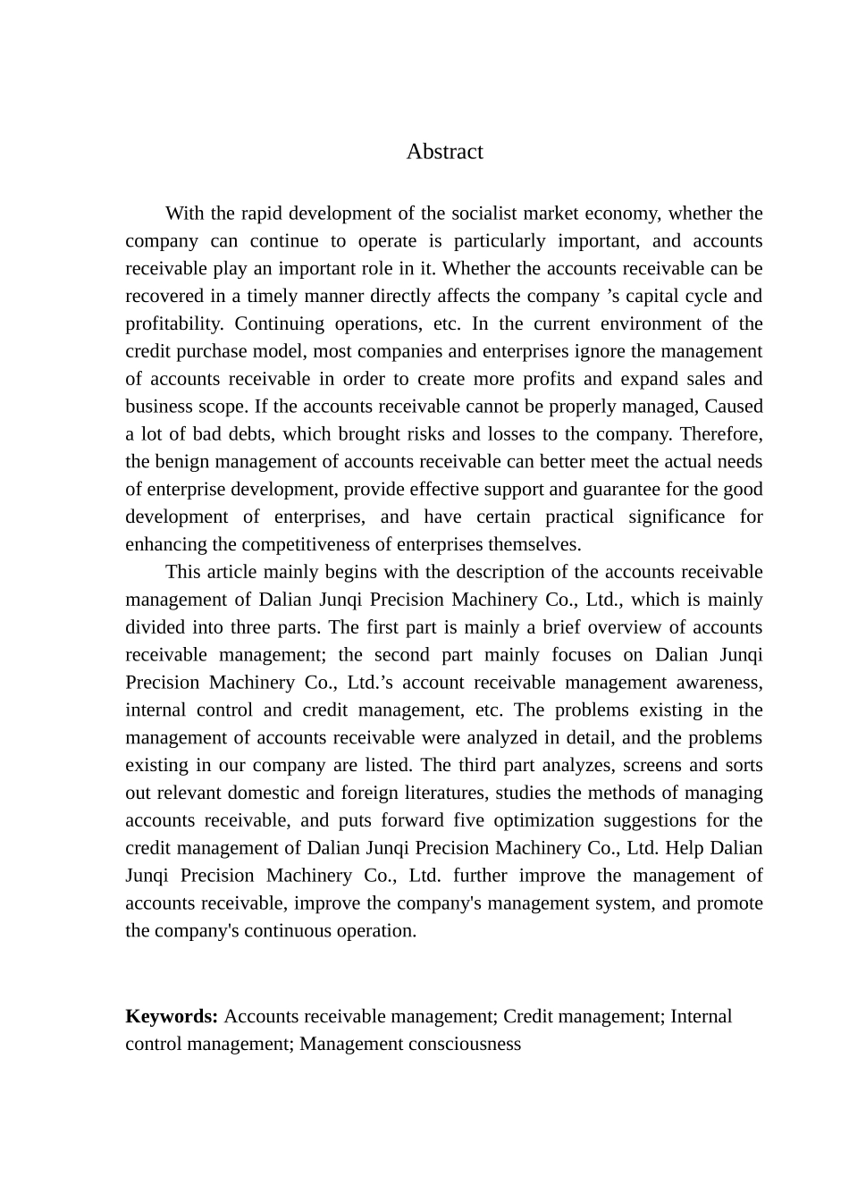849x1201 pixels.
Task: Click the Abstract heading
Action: pyautogui.click(x=444, y=152)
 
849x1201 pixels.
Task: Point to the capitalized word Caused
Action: pyautogui.click(x=734, y=407)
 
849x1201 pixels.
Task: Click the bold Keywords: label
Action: pyautogui.click(x=172, y=1017)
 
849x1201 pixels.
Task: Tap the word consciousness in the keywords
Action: pyautogui.click(x=465, y=1045)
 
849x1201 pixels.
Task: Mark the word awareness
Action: pyautogui.click(x=720, y=683)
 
